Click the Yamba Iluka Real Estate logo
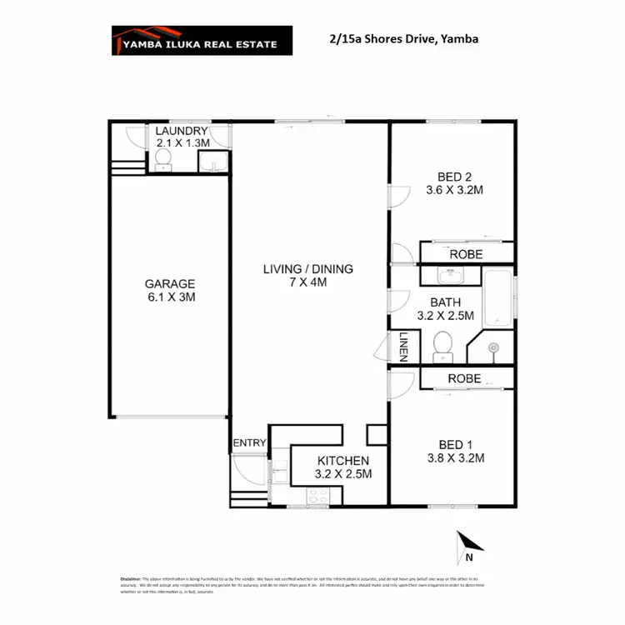point(202,40)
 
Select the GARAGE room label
point(169,283)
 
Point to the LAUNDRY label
point(181,132)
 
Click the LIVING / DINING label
point(307,269)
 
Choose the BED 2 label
point(455,176)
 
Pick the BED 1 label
point(455,443)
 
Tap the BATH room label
point(446,302)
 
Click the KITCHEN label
point(342,461)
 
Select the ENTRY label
point(249,442)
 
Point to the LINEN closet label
point(402,347)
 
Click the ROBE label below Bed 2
point(466,254)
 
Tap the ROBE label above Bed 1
point(463,378)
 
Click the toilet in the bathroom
point(442,344)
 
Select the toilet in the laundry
point(163,158)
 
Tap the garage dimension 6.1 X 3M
point(169,297)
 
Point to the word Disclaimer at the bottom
point(131,578)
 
